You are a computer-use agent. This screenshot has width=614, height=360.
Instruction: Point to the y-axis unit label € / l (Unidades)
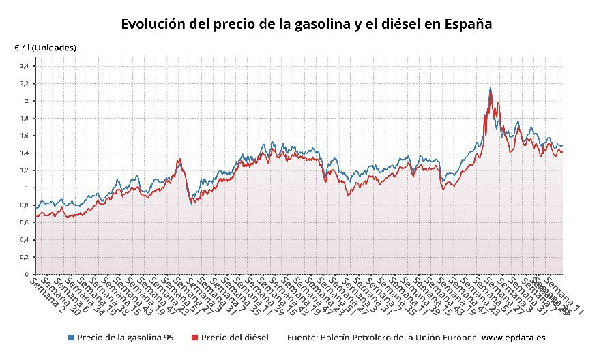(46, 48)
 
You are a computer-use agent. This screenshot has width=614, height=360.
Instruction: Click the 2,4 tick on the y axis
(25, 66)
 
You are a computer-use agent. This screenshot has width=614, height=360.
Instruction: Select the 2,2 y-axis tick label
(25, 83)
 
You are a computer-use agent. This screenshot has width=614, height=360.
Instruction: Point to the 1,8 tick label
(25, 118)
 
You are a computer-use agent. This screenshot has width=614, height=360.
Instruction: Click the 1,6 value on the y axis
(25, 136)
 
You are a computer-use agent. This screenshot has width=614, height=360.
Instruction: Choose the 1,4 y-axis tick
(25, 153)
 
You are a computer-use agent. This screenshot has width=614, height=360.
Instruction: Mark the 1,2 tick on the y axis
(25, 170)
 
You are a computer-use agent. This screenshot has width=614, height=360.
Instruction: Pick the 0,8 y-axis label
(25, 205)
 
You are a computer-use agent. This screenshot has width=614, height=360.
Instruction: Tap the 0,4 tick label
(25, 240)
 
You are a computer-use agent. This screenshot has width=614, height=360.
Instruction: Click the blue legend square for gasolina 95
(70, 337)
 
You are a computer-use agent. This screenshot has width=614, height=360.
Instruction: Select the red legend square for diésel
(194, 337)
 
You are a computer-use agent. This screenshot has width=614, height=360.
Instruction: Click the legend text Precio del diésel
(235, 337)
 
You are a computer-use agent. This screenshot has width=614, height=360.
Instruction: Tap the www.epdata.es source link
(512, 337)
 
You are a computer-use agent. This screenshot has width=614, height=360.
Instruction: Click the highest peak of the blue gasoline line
(490, 88)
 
